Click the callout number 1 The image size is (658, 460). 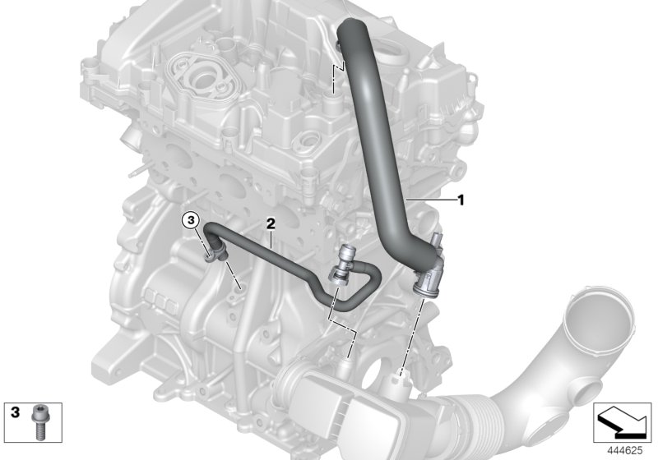click(461, 200)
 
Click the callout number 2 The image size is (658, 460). click(271, 223)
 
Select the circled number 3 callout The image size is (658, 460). click(190, 219)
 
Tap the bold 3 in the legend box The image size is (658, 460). click(15, 412)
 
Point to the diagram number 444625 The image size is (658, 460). click(625, 451)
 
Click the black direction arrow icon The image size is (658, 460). click(623, 422)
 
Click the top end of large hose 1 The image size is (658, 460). click(352, 26)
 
